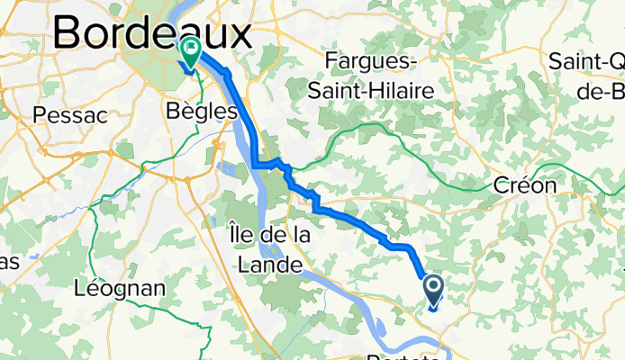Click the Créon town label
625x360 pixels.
(x=526, y=185)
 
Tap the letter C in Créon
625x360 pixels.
(x=503, y=185)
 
